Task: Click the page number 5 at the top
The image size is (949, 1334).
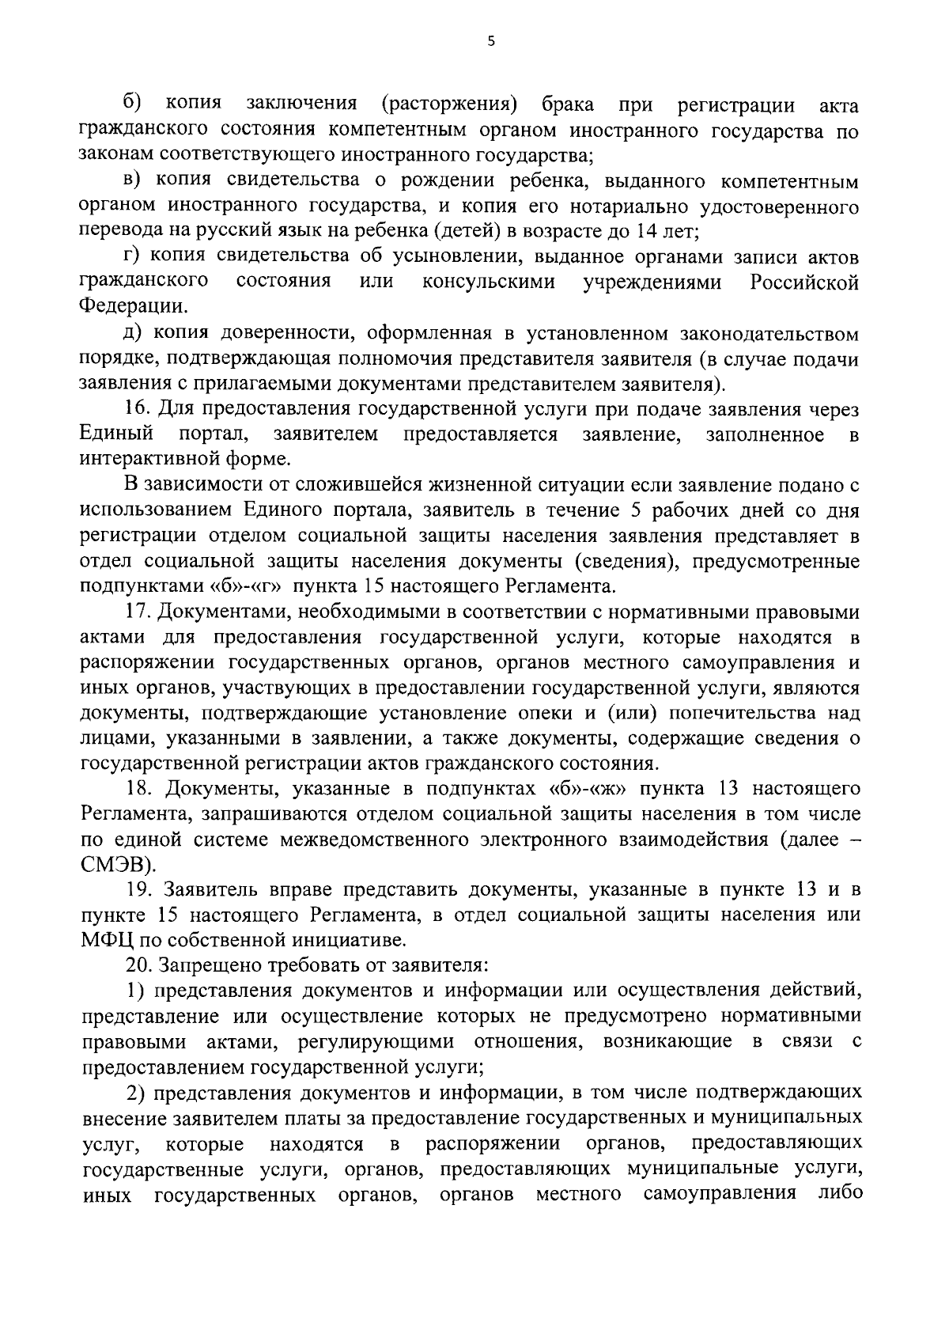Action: point(490,42)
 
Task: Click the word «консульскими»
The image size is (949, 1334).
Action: point(487,282)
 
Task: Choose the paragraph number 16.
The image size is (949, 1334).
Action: point(138,410)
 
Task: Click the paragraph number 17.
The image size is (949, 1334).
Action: point(138,612)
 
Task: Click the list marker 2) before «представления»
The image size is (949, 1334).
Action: point(138,1093)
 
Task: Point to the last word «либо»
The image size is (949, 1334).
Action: point(838,1194)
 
